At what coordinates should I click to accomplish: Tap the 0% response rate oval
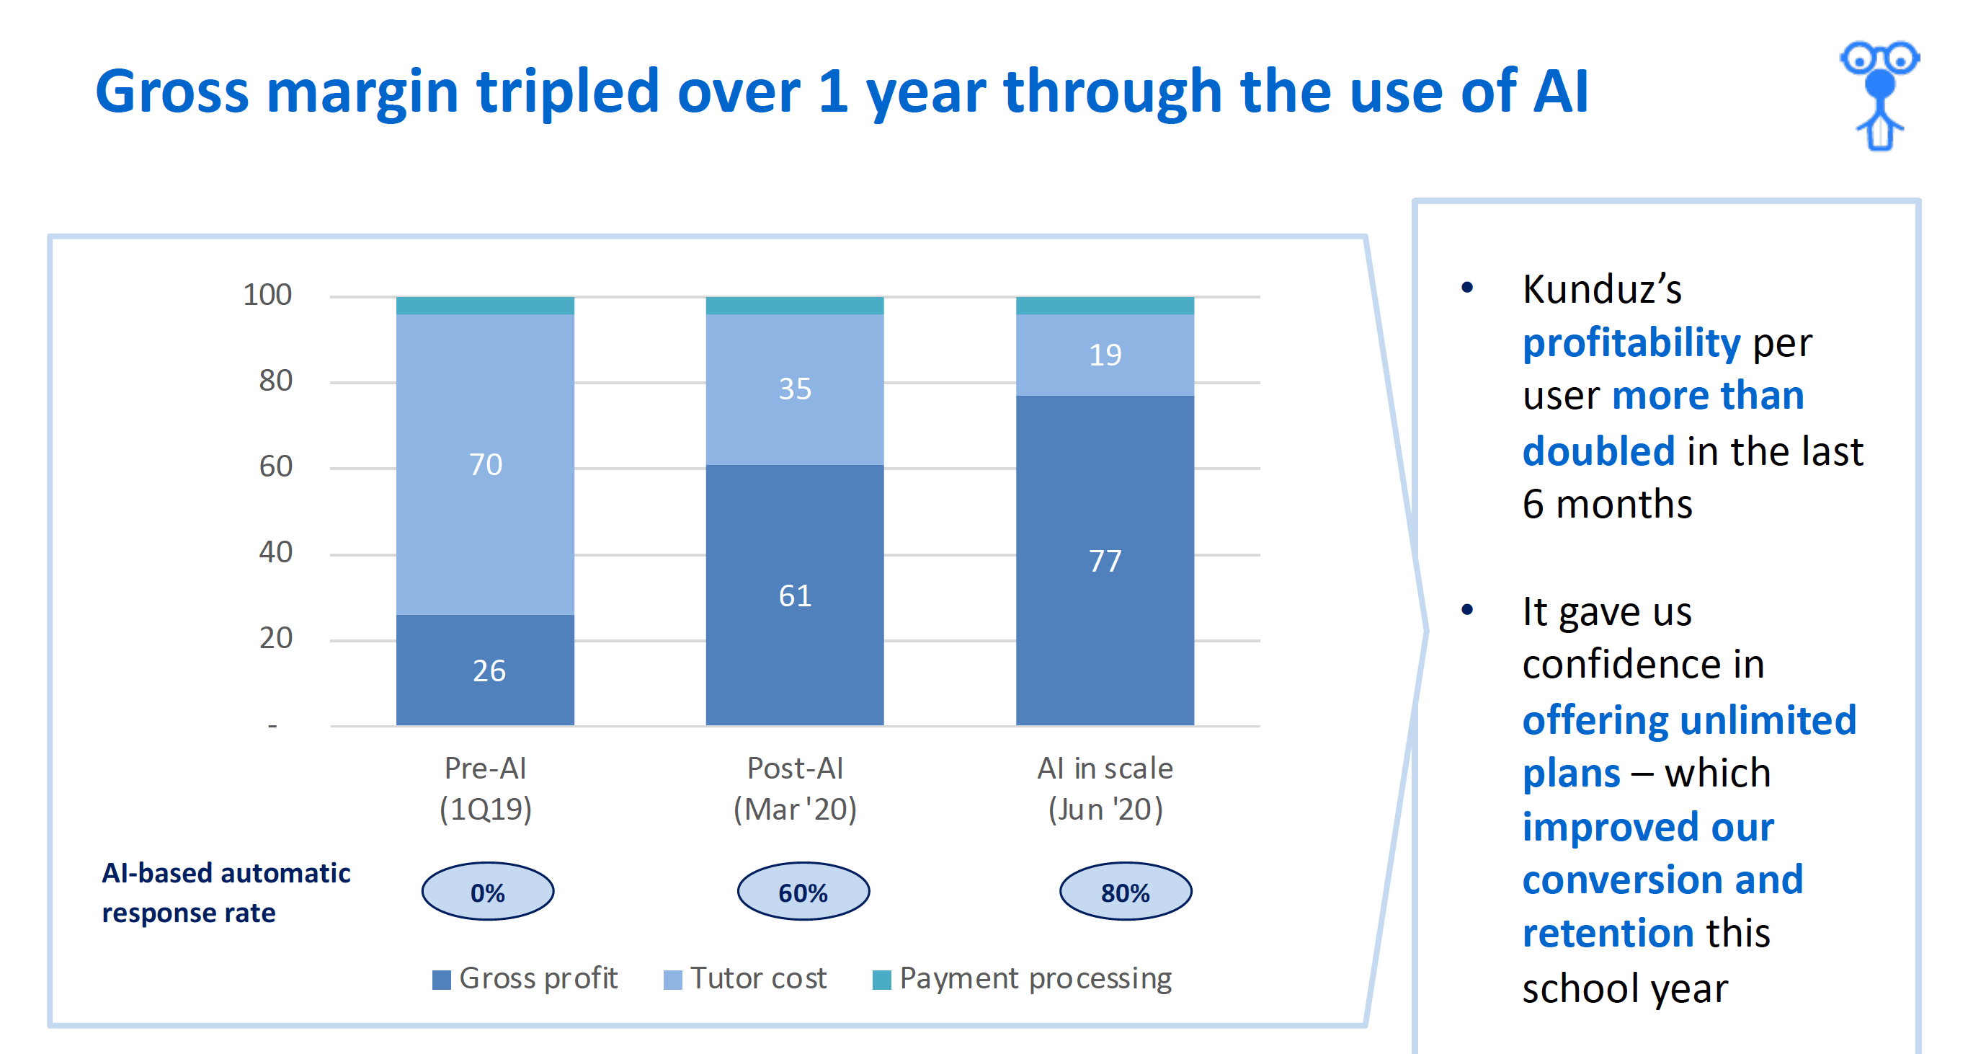(x=487, y=891)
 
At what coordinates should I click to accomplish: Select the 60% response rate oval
(x=803, y=891)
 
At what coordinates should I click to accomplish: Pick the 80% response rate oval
(x=1126, y=891)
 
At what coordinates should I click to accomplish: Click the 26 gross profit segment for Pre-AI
(x=485, y=670)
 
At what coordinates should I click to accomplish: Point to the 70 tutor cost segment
(x=485, y=464)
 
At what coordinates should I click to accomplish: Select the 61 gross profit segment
(x=795, y=595)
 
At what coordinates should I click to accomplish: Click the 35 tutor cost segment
(x=795, y=389)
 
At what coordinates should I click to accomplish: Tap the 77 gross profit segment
(x=1105, y=561)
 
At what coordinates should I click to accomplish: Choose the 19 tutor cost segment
(x=1105, y=355)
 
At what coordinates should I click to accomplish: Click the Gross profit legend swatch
(x=441, y=980)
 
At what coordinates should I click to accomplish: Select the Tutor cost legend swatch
(x=672, y=980)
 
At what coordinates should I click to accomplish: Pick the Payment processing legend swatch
(x=881, y=980)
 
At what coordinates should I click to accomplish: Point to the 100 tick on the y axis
(x=267, y=295)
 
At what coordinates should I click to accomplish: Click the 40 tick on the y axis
(x=275, y=552)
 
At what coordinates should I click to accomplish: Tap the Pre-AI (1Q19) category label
(x=486, y=789)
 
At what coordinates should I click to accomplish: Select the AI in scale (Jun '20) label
(x=1105, y=789)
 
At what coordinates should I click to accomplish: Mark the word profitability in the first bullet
(x=1631, y=342)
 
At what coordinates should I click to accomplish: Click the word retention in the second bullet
(x=1608, y=933)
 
